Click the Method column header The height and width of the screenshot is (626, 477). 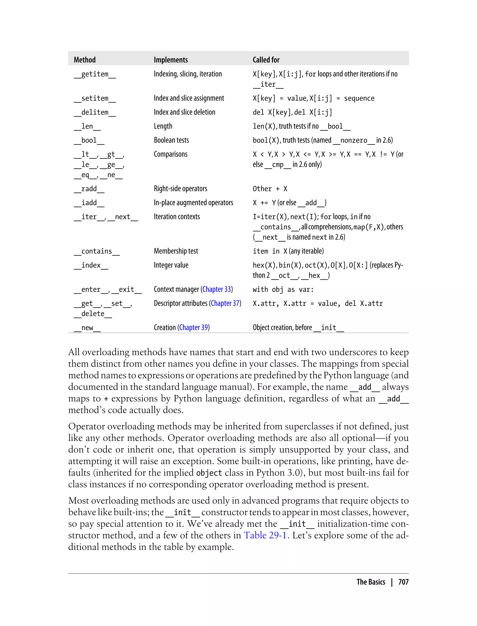pos(85,60)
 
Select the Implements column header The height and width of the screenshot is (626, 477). pos(171,60)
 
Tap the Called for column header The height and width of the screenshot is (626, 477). pos(266,60)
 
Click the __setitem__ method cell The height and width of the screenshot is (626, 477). pos(95,98)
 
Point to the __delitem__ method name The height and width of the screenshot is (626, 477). pos(95,112)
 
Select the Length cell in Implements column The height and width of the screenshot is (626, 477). pos(163,126)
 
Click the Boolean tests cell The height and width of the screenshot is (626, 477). pos(171,140)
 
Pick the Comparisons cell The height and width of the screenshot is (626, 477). pos(171,154)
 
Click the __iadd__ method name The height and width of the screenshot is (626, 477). pos(89,203)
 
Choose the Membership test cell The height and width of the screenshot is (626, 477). pos(176,251)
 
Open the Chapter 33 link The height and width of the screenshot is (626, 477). pos(217,289)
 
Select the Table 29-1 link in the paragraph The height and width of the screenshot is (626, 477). pos(265,535)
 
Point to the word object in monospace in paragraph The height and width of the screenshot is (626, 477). pos(209,473)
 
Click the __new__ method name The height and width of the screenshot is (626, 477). pos(87,328)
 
